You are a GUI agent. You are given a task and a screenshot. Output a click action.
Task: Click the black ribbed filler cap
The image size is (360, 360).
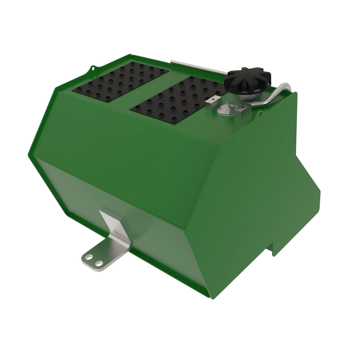click(x=248, y=79)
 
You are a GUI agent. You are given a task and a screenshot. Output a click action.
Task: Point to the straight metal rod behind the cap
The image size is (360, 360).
click(x=198, y=67)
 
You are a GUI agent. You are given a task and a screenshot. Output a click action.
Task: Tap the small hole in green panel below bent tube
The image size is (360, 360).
click(x=261, y=114)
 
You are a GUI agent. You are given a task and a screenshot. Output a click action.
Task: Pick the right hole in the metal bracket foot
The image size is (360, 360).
click(x=98, y=263)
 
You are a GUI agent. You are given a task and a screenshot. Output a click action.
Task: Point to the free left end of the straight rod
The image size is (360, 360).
click(x=172, y=62)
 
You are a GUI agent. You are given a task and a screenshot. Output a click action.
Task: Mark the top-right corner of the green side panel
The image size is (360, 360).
click(x=296, y=93)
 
